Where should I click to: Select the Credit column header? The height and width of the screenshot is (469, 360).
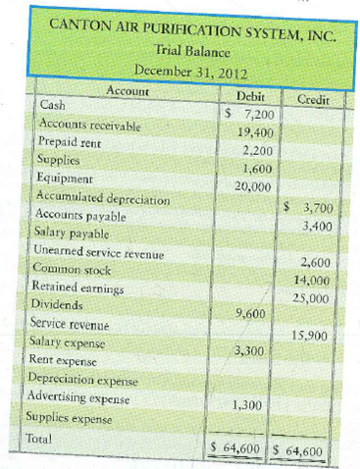click(x=311, y=99)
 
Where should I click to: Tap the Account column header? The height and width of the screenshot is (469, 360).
click(x=131, y=90)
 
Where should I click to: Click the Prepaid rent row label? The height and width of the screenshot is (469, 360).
click(x=68, y=144)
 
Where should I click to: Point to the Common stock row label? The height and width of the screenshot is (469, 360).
click(x=72, y=270)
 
